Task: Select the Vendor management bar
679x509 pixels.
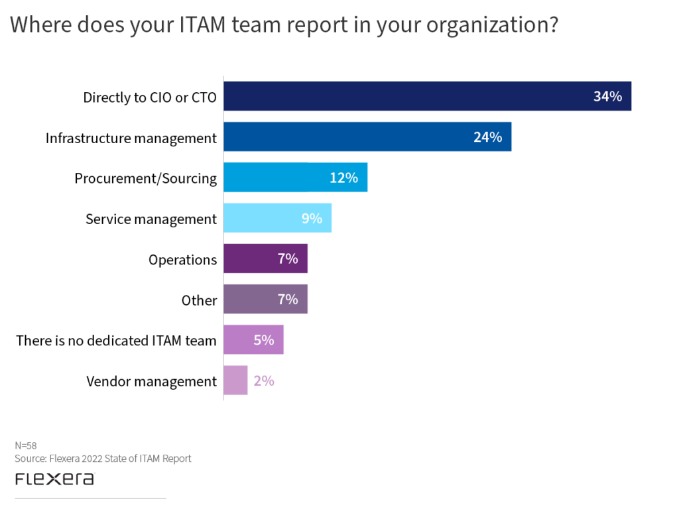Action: (235, 380)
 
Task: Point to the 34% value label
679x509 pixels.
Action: (607, 97)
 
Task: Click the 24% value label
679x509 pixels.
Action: (487, 137)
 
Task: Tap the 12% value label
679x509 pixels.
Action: (343, 178)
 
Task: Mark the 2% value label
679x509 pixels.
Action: (263, 381)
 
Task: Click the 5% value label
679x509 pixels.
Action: (263, 341)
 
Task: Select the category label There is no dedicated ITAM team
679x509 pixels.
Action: (117, 341)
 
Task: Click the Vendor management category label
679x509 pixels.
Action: (151, 381)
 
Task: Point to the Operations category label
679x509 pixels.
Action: (182, 260)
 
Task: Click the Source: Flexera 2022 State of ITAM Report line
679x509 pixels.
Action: (103, 459)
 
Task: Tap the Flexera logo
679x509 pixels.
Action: (54, 479)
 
